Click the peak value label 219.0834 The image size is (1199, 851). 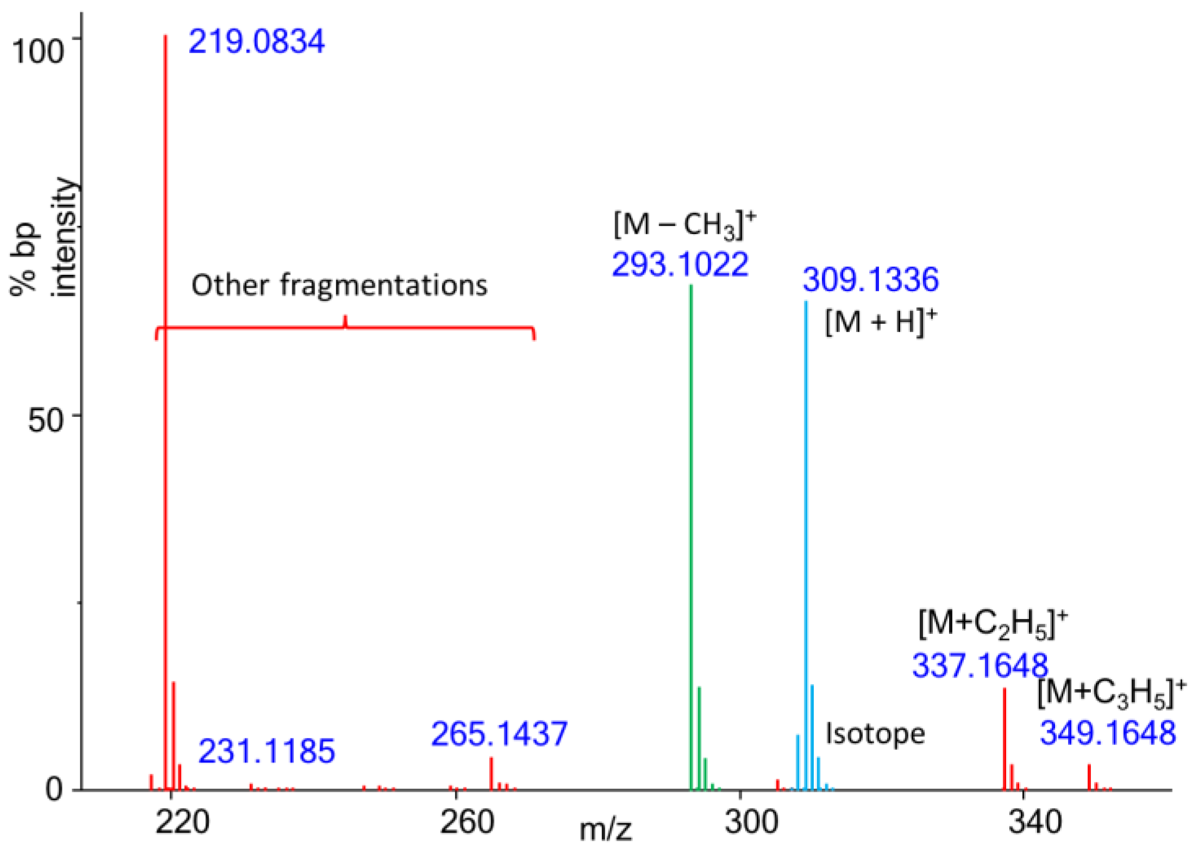pyautogui.click(x=256, y=42)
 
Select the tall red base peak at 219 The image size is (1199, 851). pyautogui.click(x=166, y=380)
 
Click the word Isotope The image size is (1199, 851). pyautogui.click(x=875, y=734)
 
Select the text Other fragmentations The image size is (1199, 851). pyautogui.click(x=340, y=285)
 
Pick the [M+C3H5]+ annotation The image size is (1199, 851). pyautogui.click(x=1112, y=693)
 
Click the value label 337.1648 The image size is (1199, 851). pyautogui.click(x=980, y=665)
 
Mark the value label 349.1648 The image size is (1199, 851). pyautogui.click(x=1108, y=733)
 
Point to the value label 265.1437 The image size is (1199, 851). pyautogui.click(x=499, y=734)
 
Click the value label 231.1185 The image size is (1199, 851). pyautogui.click(x=266, y=752)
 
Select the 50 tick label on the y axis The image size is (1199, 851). pyautogui.click(x=46, y=420)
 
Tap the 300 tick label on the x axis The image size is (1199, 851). pyautogui.click(x=751, y=822)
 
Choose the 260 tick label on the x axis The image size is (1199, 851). pyautogui.click(x=467, y=822)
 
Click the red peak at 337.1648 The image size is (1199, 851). pyautogui.click(x=1005, y=739)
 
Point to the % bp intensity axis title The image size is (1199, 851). pyautogui.click(x=43, y=239)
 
